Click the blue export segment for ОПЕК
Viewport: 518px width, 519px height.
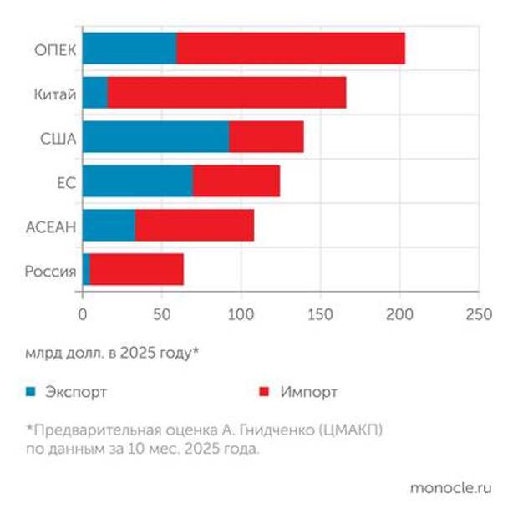129,48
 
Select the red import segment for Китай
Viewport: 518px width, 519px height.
226,93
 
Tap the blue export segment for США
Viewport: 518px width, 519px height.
155,137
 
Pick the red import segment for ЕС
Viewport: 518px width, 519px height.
236,181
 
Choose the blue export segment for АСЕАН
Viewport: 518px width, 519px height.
109,226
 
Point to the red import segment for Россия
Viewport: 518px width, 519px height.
136,270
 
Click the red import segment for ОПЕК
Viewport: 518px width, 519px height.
290,48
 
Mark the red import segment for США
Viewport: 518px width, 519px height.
266,137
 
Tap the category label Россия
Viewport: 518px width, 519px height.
50,270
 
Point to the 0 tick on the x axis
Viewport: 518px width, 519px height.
83,315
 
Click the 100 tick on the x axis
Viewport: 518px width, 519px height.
241,315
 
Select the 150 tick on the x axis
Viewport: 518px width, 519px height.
320,315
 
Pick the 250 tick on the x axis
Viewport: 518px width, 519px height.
478,315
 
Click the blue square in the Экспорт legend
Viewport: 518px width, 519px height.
31,391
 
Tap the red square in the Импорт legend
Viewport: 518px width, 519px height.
265,391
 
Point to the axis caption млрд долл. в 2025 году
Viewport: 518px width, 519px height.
112,352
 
